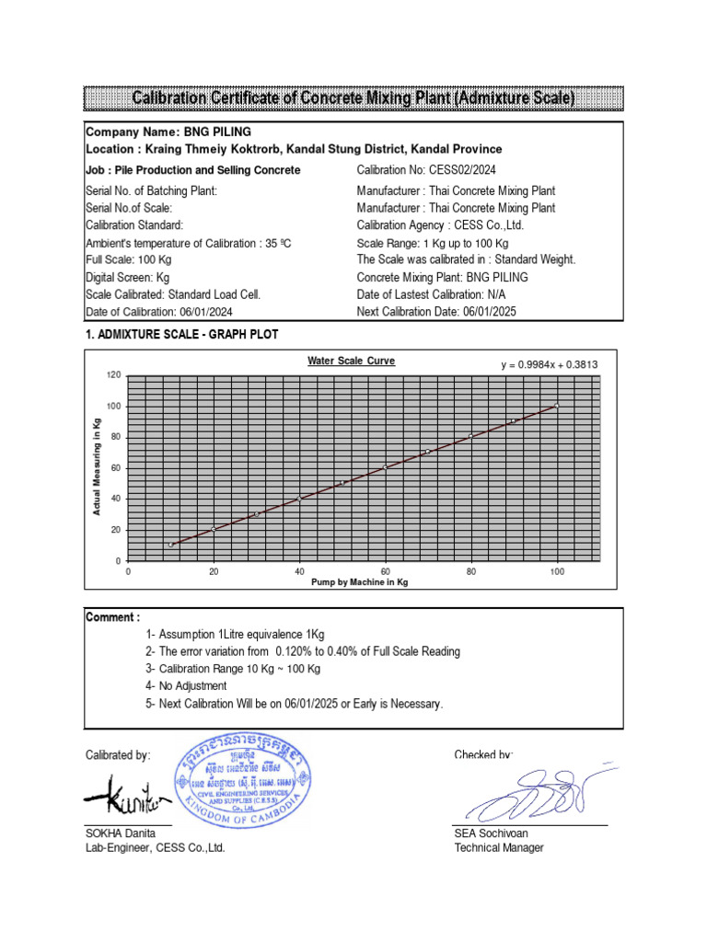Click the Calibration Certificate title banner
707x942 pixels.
pyautogui.click(x=353, y=98)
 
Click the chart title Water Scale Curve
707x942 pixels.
pyautogui.click(x=351, y=361)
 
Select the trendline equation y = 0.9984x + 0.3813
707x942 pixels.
pyautogui.click(x=550, y=364)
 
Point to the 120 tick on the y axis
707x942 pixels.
pyautogui.click(x=114, y=375)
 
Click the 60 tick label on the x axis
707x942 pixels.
pyautogui.click(x=385, y=571)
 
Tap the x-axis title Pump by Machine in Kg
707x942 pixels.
pyautogui.click(x=359, y=583)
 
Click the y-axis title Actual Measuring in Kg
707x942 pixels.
pyautogui.click(x=97, y=465)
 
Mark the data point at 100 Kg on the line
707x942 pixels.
pyautogui.click(x=556, y=405)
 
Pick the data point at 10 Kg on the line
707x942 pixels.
pyautogui.click(x=171, y=545)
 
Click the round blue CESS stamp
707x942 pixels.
pyautogui.click(x=245, y=782)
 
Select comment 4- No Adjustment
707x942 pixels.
pyautogui.click(x=186, y=686)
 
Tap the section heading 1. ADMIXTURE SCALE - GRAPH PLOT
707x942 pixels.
pyautogui.click(x=181, y=335)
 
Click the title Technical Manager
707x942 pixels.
pyautogui.click(x=498, y=847)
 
